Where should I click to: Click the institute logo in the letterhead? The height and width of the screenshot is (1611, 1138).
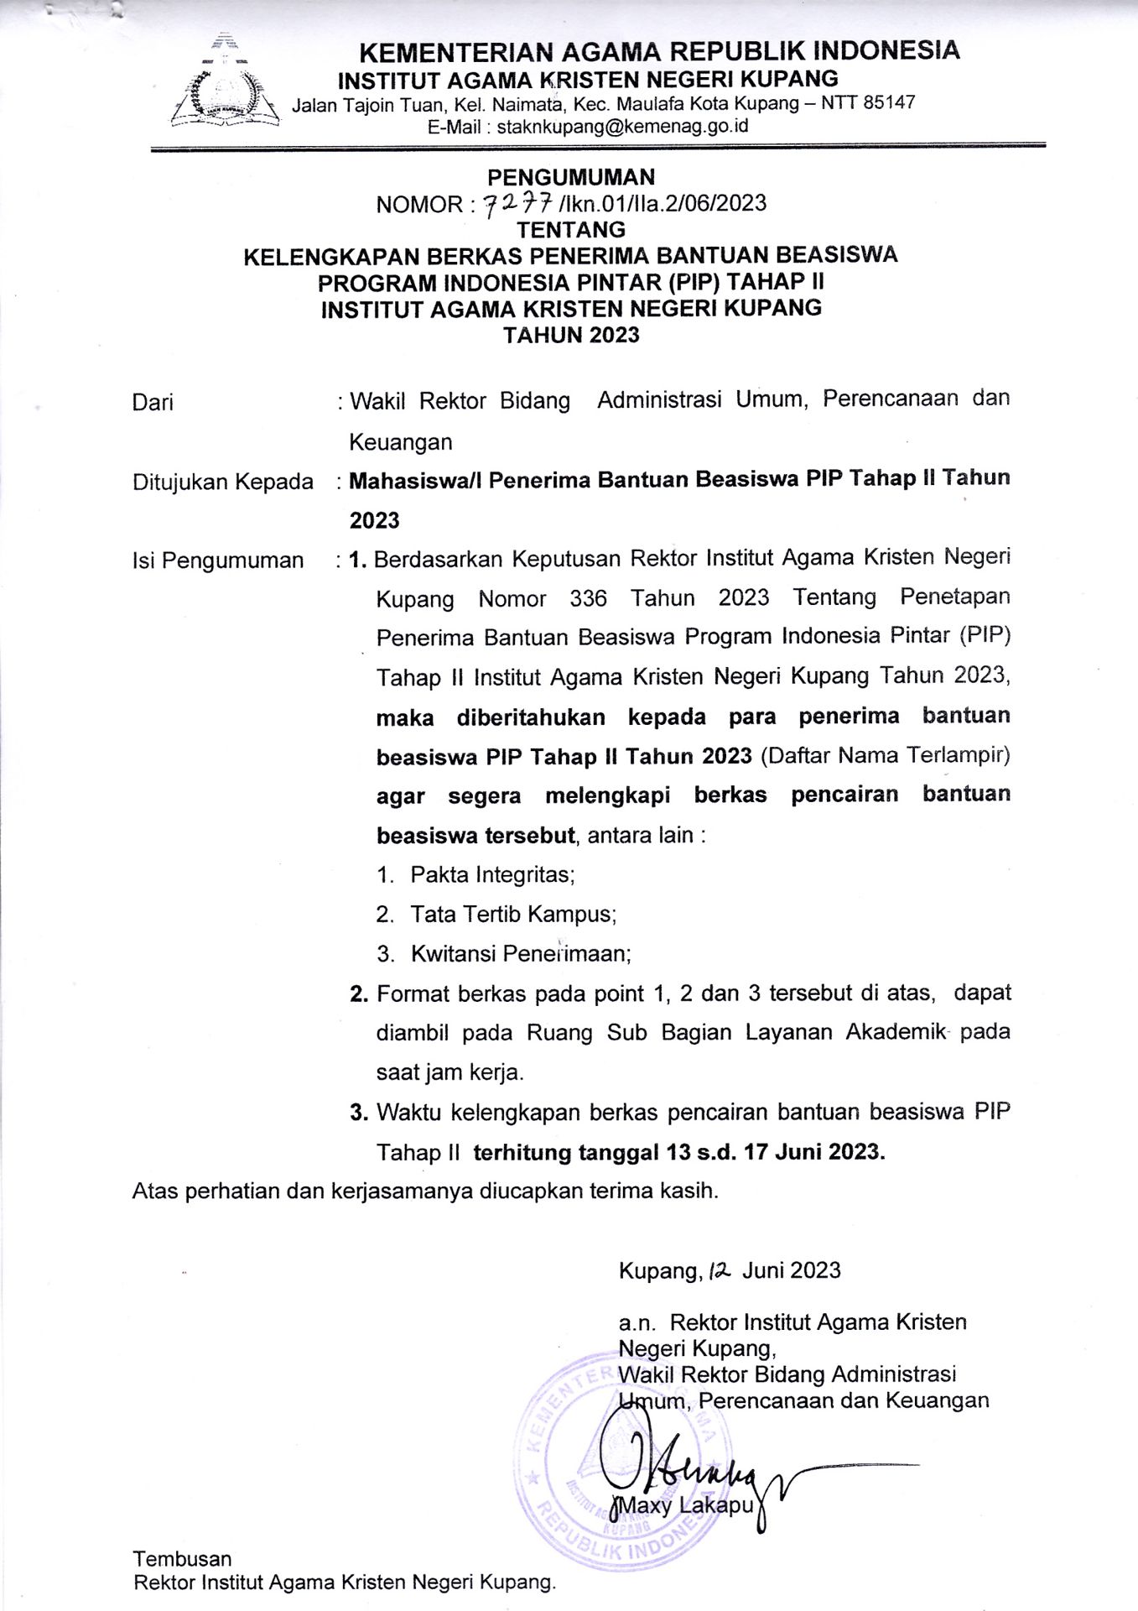(225, 86)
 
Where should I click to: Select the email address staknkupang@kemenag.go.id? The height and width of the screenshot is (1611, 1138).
(622, 127)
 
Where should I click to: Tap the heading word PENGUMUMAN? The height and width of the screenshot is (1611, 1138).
(571, 177)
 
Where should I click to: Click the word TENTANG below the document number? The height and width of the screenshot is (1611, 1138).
(571, 230)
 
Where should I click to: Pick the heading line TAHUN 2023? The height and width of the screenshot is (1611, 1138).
(571, 335)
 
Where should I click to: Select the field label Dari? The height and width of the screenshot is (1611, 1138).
(153, 403)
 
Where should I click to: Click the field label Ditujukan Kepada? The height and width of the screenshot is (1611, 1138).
(223, 482)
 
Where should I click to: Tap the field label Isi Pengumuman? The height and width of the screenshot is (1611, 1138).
(218, 560)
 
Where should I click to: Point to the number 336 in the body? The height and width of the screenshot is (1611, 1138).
(588, 598)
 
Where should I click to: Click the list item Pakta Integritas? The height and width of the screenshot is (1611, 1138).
(492, 875)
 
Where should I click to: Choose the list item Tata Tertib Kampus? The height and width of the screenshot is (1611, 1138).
(513, 915)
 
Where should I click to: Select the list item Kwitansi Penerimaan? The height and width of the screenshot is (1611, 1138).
(521, 954)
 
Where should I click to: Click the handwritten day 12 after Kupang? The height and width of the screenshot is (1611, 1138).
(720, 1271)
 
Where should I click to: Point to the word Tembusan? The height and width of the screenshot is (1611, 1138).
(182, 1558)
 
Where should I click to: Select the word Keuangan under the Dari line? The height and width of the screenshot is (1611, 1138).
(401, 442)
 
